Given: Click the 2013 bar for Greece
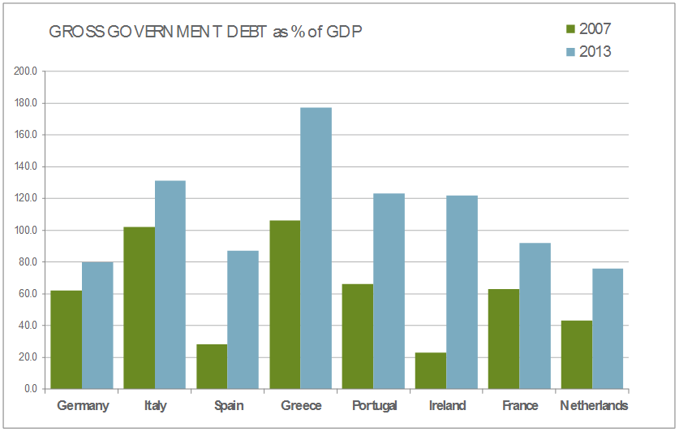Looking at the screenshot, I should [316, 248].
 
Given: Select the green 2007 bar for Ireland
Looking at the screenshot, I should [430, 370].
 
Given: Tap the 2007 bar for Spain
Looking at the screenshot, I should [212, 366].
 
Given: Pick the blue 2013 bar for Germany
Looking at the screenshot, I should [97, 325].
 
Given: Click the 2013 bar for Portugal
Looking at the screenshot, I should [389, 291].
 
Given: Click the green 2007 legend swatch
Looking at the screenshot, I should [569, 30].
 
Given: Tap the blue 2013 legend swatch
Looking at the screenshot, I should [569, 52].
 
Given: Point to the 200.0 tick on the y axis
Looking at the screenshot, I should [27, 71].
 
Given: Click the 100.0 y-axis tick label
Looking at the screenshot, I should [27, 231].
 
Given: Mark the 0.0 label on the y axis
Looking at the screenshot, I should [30, 389].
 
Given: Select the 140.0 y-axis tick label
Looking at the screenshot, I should [27, 167].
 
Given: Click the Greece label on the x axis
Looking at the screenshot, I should [301, 405].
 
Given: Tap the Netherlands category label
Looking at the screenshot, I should [594, 405].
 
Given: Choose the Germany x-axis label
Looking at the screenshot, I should [83, 405].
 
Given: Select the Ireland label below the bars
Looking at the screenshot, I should [447, 405].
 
